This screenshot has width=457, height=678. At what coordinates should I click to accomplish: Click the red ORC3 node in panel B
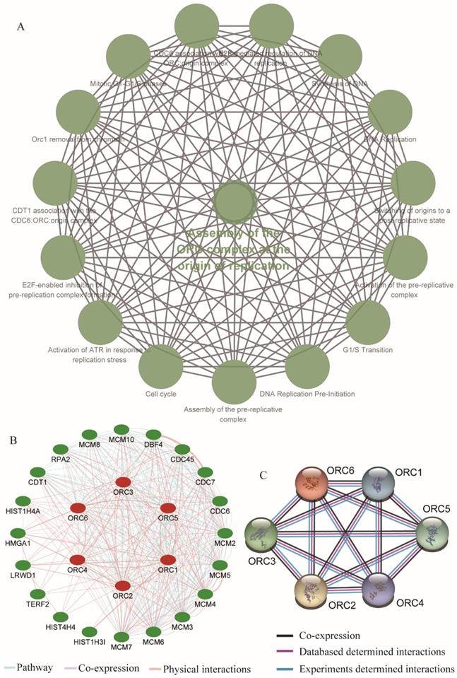122,483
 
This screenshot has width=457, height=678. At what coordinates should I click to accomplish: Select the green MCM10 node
121,429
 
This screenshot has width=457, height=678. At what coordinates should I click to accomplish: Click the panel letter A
21,26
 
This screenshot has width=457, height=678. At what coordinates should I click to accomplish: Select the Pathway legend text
44,668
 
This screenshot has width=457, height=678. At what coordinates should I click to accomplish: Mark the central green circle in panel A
235,204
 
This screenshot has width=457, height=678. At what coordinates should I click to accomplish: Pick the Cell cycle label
162,394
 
